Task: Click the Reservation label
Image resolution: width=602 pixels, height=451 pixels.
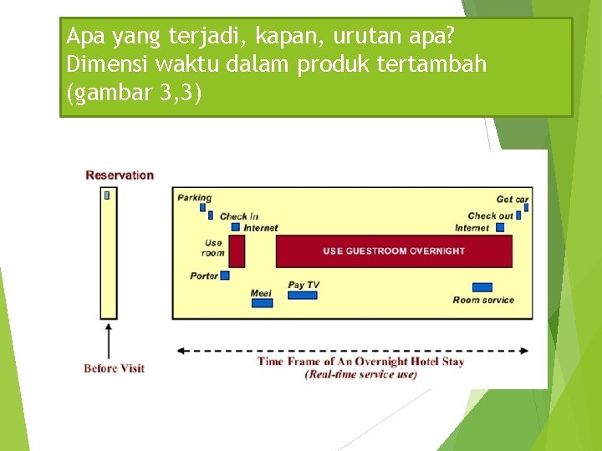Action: point(120,175)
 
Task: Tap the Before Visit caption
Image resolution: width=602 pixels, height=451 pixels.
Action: point(114,368)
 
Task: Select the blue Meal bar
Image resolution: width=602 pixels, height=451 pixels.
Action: point(262,303)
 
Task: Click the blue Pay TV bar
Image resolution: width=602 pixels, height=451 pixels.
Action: point(302,295)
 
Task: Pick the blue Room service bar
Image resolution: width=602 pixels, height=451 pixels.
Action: point(482,287)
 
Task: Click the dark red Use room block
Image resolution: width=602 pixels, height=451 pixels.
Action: point(237,251)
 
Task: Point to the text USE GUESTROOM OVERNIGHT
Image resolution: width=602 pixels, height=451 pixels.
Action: point(394,251)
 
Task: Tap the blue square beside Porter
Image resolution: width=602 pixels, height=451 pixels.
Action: point(224,276)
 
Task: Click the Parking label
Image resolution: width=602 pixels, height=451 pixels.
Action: point(194,198)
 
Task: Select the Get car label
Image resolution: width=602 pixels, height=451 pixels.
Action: point(512,199)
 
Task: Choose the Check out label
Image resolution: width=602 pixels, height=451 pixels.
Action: point(490,215)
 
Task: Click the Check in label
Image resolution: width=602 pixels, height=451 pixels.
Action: point(239,216)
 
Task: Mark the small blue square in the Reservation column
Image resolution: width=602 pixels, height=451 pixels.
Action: point(107,195)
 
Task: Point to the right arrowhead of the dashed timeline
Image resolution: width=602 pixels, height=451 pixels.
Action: point(525,351)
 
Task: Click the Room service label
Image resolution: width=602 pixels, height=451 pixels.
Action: point(483,300)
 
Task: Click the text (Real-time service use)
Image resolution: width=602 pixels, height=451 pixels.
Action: point(361,374)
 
